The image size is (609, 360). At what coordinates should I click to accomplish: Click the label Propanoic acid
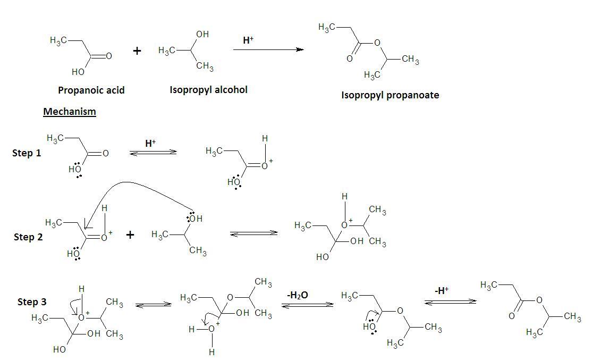pyautogui.click(x=91, y=90)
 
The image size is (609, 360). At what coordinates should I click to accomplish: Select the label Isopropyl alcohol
pyautogui.click(x=208, y=90)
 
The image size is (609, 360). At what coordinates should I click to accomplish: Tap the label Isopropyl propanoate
pyautogui.click(x=390, y=96)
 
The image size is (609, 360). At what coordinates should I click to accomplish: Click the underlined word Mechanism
pyautogui.click(x=69, y=112)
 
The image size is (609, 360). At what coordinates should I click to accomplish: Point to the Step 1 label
pyautogui.click(x=27, y=153)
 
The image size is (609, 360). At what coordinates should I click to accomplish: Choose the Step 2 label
pyautogui.click(x=28, y=237)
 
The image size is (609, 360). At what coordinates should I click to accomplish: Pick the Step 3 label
pyautogui.click(x=32, y=302)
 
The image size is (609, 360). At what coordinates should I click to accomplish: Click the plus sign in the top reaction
pyautogui.click(x=137, y=51)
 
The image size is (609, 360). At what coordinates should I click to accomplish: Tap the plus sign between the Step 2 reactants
pyautogui.click(x=130, y=235)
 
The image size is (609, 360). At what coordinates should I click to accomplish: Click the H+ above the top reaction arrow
pyautogui.click(x=248, y=40)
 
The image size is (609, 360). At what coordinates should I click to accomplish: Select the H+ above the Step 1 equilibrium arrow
pyautogui.click(x=150, y=143)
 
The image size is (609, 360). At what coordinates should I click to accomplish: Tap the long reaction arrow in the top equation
pyautogui.click(x=268, y=50)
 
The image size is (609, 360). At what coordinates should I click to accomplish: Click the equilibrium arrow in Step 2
pyautogui.click(x=253, y=233)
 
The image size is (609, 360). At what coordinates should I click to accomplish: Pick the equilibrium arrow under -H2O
pyautogui.click(x=307, y=305)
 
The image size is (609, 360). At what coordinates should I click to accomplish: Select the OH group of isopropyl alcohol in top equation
pyautogui.click(x=202, y=35)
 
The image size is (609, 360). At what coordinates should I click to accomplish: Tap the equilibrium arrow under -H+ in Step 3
pyautogui.click(x=450, y=302)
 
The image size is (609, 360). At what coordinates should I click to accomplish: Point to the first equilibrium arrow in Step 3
pyautogui.click(x=154, y=305)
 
